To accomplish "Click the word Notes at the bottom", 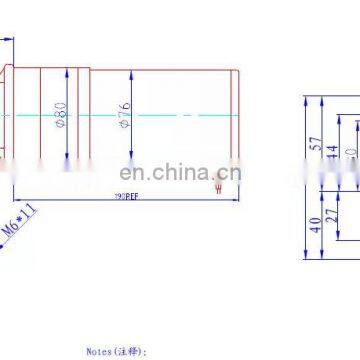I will tap(98, 352).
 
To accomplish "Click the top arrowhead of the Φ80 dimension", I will tap(67, 69).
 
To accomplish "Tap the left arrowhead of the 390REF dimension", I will tap(11, 192).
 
